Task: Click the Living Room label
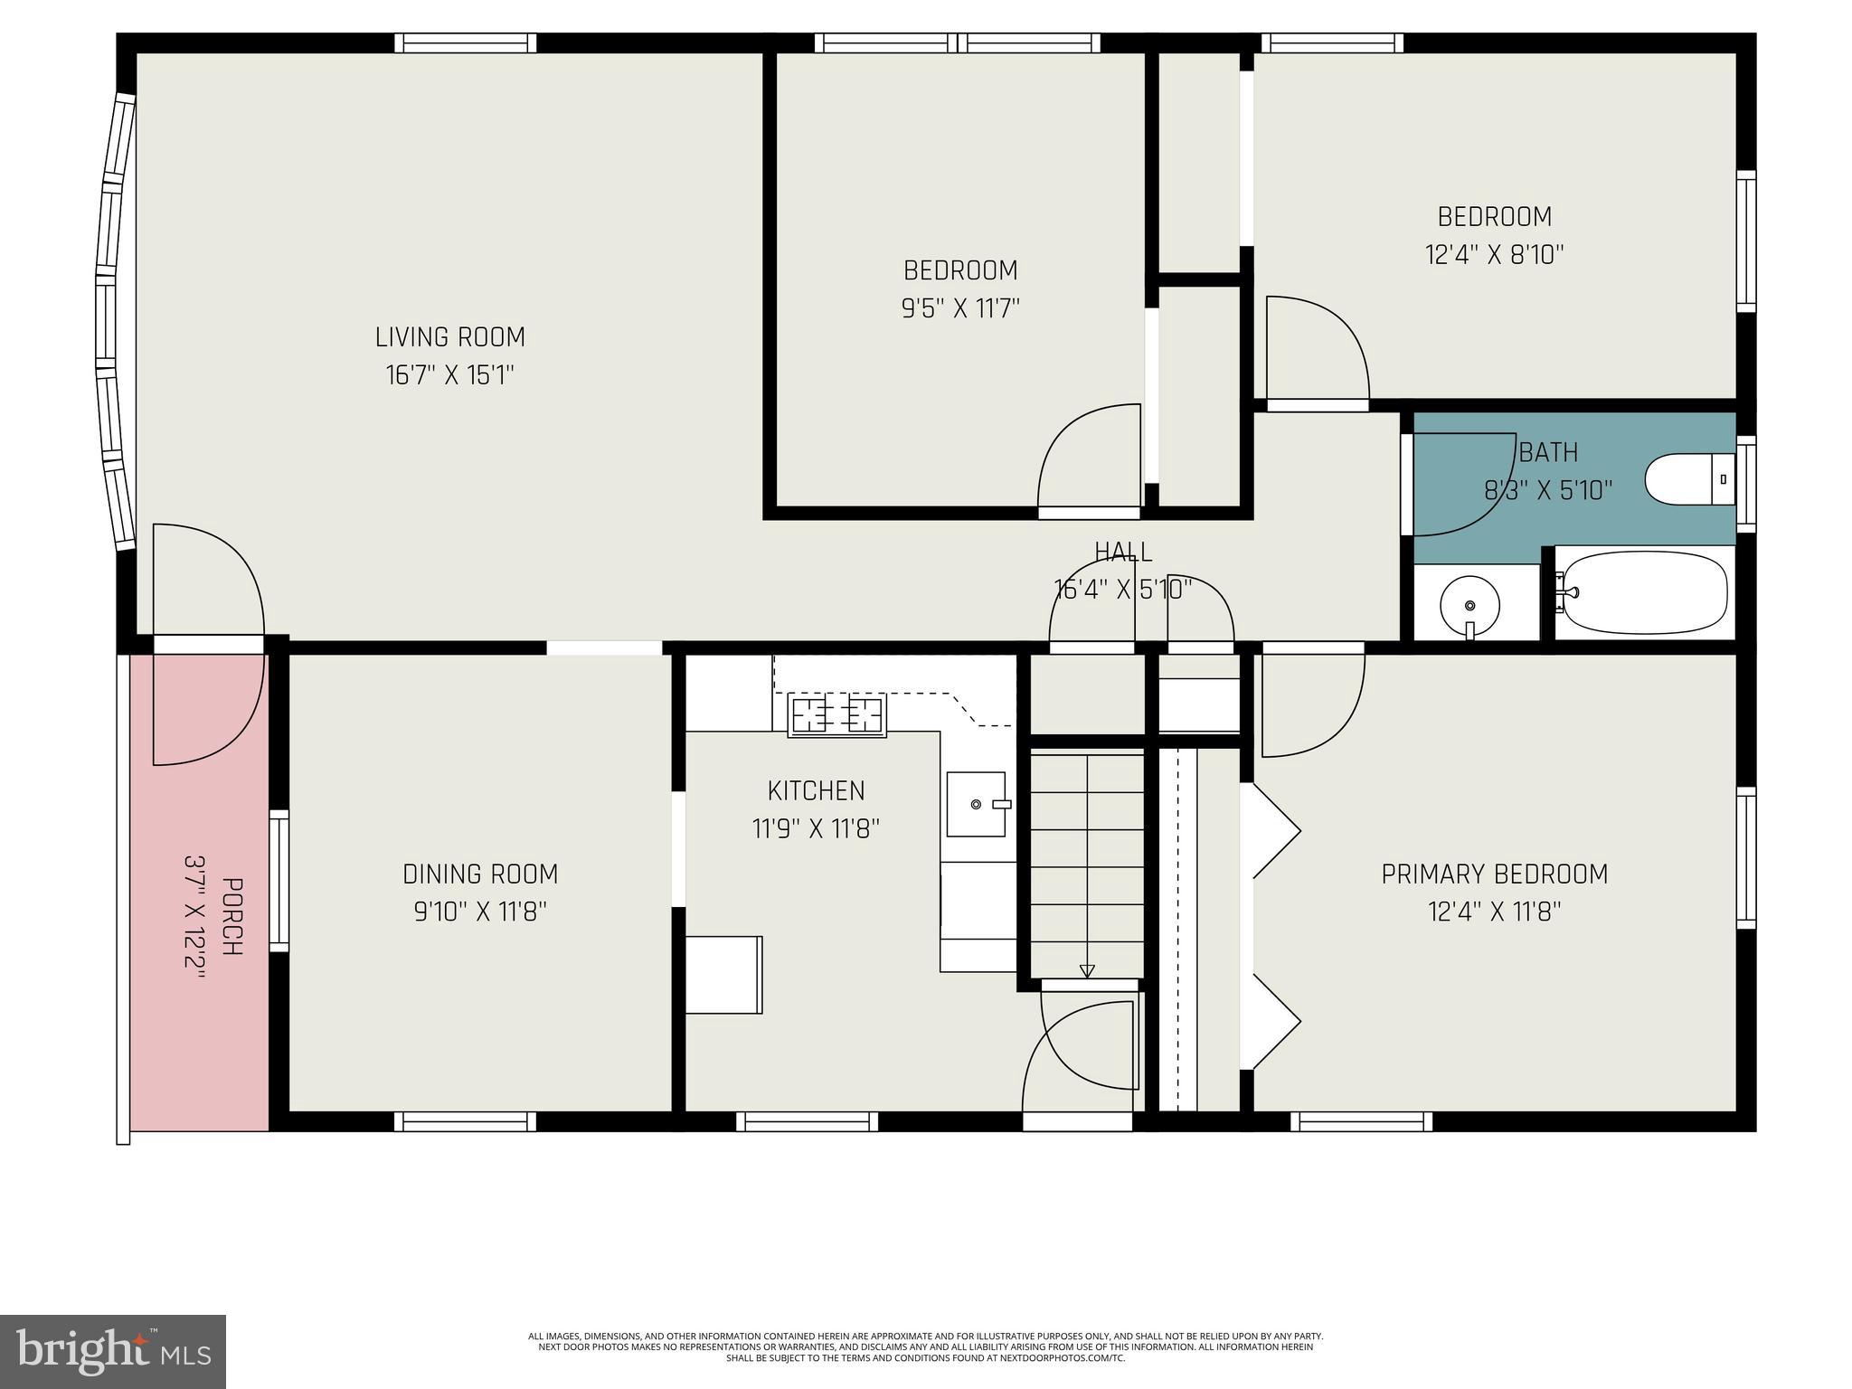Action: pyautogui.click(x=449, y=337)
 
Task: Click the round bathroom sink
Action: pyautogui.click(x=1469, y=604)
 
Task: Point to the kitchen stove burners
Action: pyautogui.click(x=836, y=715)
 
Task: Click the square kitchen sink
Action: pyautogui.click(x=976, y=804)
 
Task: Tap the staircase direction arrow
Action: pyautogui.click(x=1087, y=971)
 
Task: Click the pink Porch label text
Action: pyautogui.click(x=231, y=917)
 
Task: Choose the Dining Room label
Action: pyautogui.click(x=480, y=874)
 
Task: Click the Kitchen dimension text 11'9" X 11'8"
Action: pyautogui.click(x=816, y=828)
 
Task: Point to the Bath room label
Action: pyautogui.click(x=1548, y=452)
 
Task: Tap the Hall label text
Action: pyautogui.click(x=1123, y=552)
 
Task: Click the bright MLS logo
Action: pyautogui.click(x=113, y=1351)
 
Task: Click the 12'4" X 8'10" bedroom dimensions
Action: pyautogui.click(x=1495, y=255)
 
